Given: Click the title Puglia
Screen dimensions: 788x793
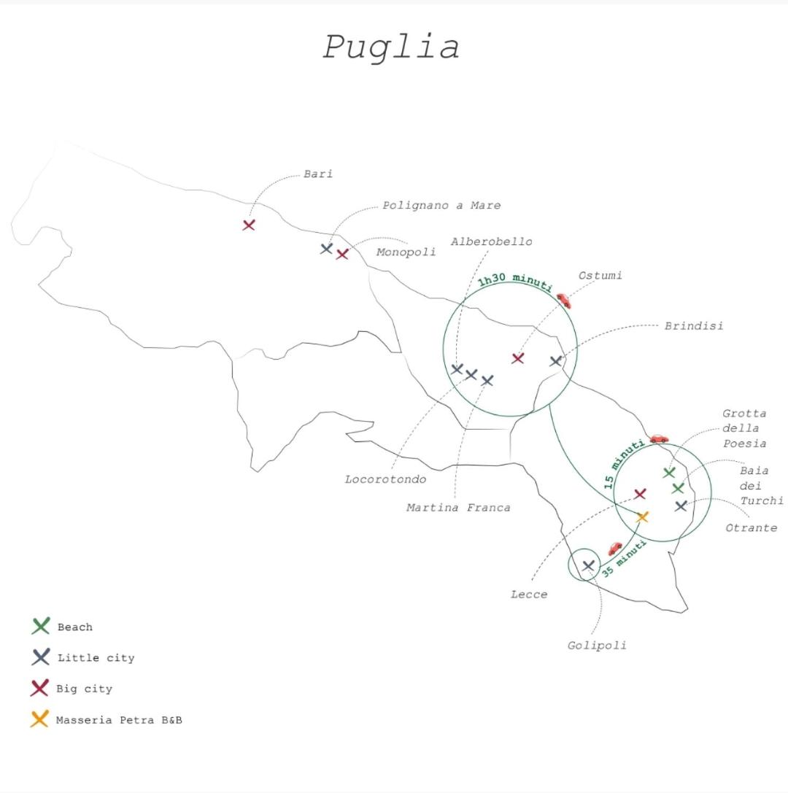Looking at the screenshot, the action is [x=391, y=47].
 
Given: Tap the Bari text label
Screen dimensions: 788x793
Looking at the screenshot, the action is [x=318, y=174].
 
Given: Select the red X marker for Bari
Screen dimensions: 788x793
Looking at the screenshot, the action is [x=248, y=225].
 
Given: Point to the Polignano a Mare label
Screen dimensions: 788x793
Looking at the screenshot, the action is [x=441, y=206].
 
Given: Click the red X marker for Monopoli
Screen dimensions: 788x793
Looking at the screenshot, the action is [x=342, y=254].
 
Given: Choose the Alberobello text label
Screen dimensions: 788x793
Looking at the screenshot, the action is [x=492, y=241].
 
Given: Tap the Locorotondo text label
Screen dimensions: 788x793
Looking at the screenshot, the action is [x=385, y=479].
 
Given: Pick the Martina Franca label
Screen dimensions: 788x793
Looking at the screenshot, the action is [x=458, y=508].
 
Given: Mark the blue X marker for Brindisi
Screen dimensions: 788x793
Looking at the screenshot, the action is [x=556, y=361].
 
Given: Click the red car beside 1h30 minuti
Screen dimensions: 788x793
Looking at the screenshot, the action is [x=564, y=301].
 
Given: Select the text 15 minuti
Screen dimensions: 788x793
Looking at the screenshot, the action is [x=623, y=464].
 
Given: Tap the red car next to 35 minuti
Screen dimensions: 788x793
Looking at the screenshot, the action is [x=615, y=548].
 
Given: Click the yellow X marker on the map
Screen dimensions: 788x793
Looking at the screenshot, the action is [x=642, y=517].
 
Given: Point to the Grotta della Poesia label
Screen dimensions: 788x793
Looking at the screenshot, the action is [x=744, y=428].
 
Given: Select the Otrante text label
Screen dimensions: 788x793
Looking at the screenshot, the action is [x=751, y=528].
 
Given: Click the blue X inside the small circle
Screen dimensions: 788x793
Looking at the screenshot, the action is [x=588, y=565].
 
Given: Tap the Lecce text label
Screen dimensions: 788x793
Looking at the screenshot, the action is [x=529, y=595].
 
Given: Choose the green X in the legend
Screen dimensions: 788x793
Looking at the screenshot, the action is [x=41, y=626].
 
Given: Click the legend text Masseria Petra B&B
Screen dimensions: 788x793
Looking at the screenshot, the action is [x=120, y=720].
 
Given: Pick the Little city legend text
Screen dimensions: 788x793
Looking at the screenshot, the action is [x=96, y=658].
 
